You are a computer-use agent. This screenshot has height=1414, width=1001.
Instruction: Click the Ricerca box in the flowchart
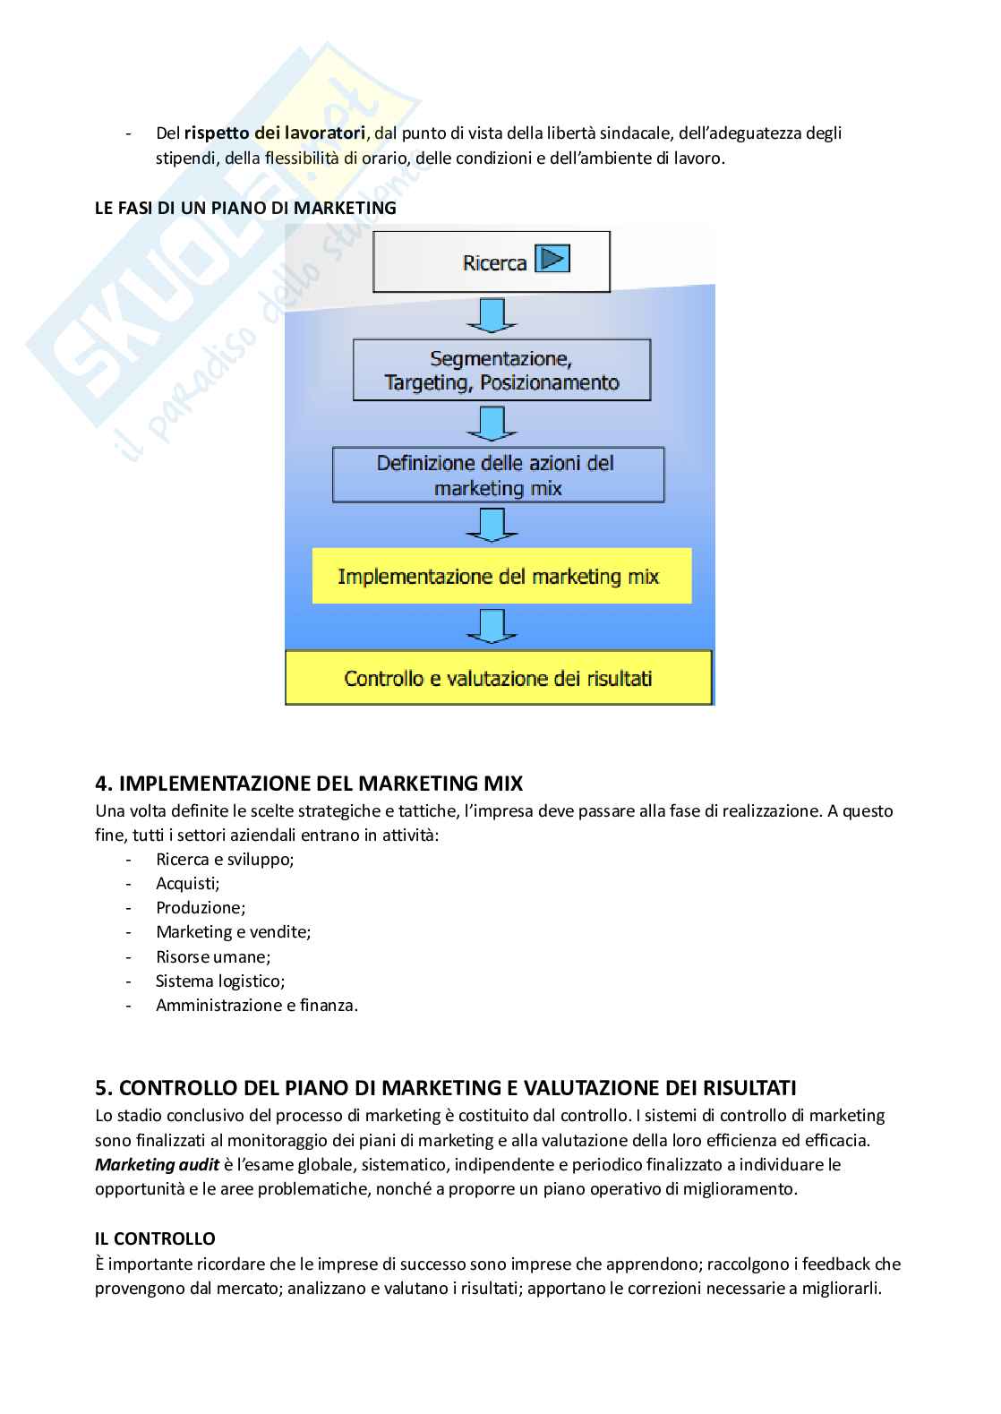pos(491,261)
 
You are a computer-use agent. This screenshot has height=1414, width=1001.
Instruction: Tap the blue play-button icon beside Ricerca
pos(552,260)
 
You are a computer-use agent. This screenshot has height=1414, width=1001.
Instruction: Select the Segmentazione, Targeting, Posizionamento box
pos(501,370)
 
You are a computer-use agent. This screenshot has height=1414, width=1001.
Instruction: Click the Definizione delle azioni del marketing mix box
pos(498,475)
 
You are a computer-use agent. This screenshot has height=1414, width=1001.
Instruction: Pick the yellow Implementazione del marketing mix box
pos(501,576)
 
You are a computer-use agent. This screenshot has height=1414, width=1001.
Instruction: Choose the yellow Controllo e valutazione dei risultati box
pos(498,678)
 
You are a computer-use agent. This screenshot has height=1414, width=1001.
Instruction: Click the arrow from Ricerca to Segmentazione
pos(492,315)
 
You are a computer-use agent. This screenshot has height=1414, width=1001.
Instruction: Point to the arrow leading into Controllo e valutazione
pos(492,626)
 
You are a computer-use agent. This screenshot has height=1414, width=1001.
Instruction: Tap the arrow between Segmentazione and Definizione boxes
pos(492,423)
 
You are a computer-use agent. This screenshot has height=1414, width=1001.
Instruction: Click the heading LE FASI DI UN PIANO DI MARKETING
pos(245,208)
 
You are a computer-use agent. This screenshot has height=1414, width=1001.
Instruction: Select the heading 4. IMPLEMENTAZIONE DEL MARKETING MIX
pos(309,784)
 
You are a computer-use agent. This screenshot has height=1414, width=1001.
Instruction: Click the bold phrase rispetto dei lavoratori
pos(275,133)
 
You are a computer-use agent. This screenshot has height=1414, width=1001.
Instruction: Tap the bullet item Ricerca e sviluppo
pos(225,859)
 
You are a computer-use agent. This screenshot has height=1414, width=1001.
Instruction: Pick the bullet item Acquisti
pos(188,884)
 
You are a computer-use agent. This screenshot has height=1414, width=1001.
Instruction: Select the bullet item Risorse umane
pos(213,956)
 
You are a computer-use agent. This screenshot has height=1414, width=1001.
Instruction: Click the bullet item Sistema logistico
pos(220,981)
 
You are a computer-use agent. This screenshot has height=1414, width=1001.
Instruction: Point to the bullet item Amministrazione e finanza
pos(257,1005)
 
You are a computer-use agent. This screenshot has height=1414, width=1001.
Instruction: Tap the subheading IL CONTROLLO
pos(155,1238)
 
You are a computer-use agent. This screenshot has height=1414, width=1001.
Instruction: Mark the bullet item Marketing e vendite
pos(234,932)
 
